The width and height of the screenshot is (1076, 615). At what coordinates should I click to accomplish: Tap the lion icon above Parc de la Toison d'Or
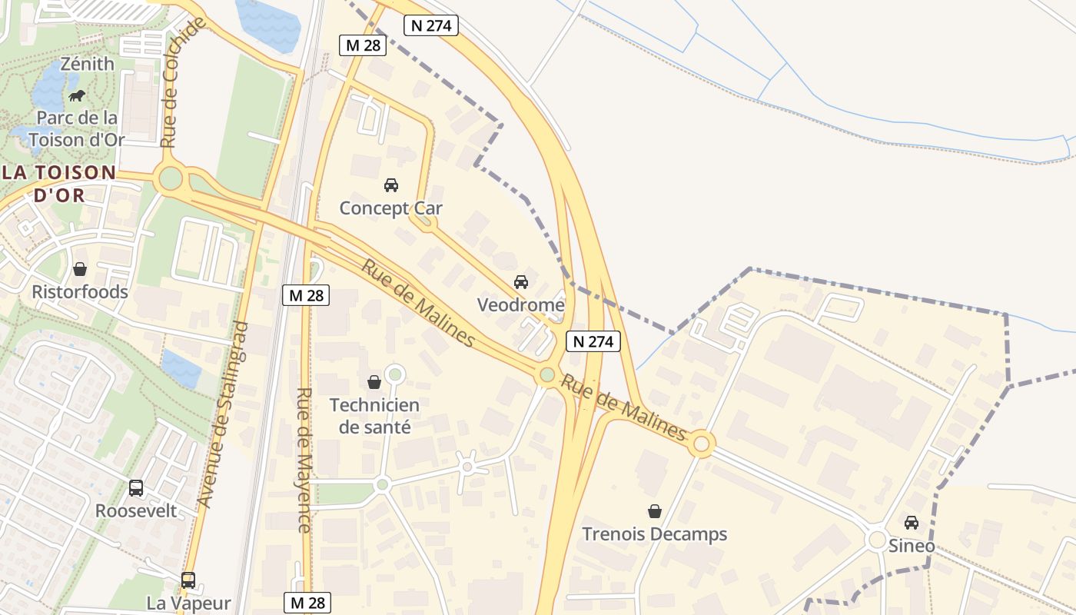[x=77, y=96]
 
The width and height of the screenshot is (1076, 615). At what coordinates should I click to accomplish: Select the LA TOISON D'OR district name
[x=58, y=183]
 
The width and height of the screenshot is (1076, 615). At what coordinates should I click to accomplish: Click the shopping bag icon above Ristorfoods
[x=79, y=269]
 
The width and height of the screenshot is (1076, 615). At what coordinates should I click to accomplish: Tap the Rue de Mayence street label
[x=304, y=460]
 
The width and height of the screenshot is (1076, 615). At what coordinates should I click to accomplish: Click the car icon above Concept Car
[x=390, y=185]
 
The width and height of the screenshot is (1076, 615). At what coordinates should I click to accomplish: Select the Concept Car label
[x=390, y=208]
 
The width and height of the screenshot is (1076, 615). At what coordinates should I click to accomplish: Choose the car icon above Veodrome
[x=521, y=282]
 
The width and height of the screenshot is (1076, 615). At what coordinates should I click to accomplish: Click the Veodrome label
[x=520, y=305]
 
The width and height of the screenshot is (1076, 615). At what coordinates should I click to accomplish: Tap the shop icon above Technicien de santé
[x=374, y=382]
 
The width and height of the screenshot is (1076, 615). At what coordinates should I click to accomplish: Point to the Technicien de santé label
[x=374, y=416]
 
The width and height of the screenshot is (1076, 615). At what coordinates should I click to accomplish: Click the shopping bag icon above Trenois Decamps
[x=654, y=511]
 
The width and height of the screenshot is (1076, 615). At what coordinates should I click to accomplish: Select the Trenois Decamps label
[x=654, y=534]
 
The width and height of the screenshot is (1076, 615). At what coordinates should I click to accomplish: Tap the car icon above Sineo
[x=912, y=523]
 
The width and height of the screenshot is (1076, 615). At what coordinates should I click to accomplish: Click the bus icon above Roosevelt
[x=136, y=488]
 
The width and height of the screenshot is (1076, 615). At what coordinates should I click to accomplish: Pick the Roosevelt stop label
[x=136, y=510]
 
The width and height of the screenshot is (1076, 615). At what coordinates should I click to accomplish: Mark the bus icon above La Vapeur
[x=188, y=580]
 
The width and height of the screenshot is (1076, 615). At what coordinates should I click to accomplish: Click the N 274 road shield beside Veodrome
[x=593, y=341]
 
